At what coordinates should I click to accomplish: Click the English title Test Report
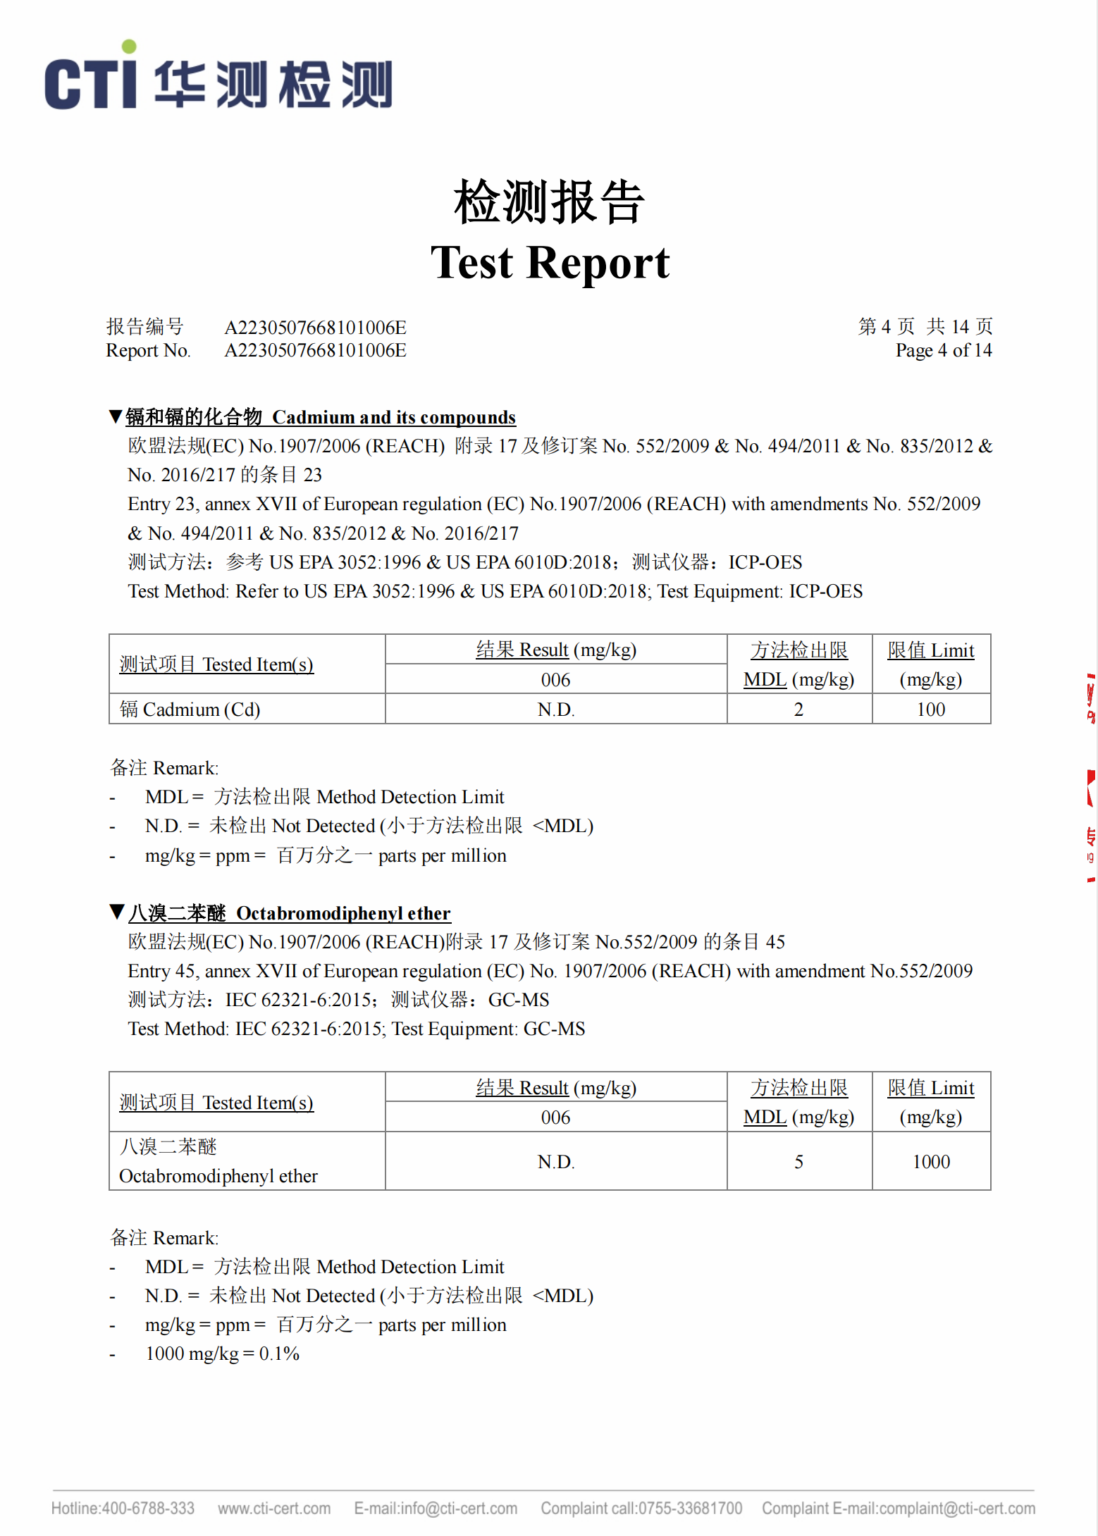(550, 263)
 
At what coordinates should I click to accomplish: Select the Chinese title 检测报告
(549, 202)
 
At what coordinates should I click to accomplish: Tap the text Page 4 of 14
(943, 350)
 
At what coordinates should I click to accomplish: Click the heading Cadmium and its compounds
(393, 417)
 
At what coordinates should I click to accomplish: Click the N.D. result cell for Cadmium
(556, 710)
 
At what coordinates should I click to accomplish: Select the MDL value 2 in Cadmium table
(798, 710)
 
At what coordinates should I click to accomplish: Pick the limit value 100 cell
(930, 710)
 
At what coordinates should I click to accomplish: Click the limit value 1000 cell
(930, 1162)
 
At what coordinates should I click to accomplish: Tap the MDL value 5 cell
(798, 1162)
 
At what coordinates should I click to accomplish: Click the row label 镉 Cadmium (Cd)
(190, 710)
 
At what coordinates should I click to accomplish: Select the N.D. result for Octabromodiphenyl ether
(556, 1162)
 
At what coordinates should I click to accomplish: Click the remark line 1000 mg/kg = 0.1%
(222, 1354)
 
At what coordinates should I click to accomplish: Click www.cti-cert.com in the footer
(274, 1509)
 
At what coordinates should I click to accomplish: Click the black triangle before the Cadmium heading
(116, 416)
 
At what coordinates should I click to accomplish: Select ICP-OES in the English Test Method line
(825, 591)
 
